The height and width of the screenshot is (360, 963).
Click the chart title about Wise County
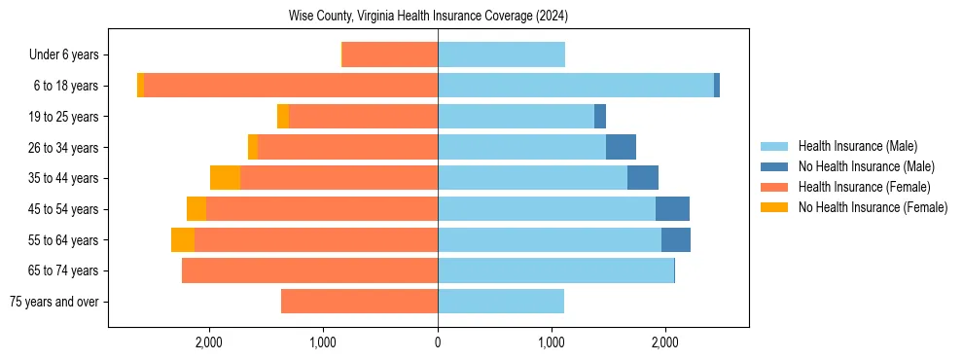tap(428, 17)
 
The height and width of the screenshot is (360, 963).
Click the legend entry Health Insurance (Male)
tap(857, 146)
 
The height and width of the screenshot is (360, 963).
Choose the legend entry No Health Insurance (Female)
tap(873, 207)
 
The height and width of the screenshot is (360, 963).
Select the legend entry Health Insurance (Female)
tap(864, 187)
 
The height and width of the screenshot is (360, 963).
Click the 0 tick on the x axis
tap(438, 342)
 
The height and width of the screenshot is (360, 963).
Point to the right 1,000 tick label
tap(552, 342)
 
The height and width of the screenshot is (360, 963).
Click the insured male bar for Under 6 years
tap(501, 55)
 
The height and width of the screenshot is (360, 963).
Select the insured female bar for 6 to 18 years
tap(291, 86)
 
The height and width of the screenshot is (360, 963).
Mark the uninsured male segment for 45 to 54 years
tap(672, 209)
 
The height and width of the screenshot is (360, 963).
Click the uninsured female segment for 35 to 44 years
tap(225, 178)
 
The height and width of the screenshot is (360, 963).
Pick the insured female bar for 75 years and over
tap(359, 302)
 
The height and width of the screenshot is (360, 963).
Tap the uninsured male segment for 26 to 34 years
tap(621, 148)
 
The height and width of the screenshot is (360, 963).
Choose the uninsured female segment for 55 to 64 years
tap(183, 240)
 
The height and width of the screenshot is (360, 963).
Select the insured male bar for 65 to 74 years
tap(555, 270)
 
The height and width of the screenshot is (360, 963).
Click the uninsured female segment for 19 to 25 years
tap(283, 117)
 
